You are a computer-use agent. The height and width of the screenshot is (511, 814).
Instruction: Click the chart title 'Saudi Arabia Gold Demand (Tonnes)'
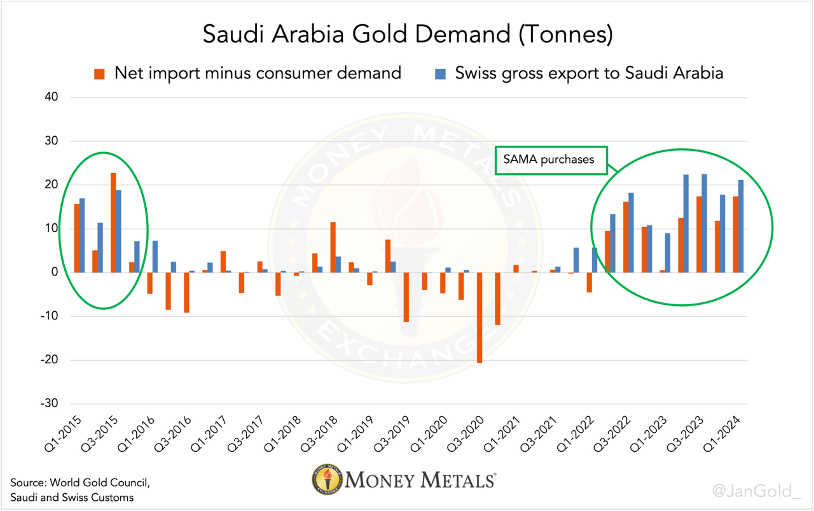(407, 34)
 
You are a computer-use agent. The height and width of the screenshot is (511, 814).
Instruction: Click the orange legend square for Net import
(99, 74)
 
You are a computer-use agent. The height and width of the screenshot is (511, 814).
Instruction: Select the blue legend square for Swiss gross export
(439, 74)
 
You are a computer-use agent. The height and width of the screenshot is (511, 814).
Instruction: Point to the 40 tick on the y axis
(52, 97)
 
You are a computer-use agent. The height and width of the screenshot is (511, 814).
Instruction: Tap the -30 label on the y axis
(50, 404)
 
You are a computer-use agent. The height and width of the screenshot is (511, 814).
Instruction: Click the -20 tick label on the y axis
(50, 360)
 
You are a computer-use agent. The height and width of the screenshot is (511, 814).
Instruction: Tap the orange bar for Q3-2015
(113, 223)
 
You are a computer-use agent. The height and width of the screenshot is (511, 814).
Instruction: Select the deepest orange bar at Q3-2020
(479, 318)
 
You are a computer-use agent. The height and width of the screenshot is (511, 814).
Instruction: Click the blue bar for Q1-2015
(82, 235)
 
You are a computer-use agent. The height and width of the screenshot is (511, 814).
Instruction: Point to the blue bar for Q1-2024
(741, 226)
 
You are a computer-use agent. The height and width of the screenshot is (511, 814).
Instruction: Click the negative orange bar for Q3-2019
(406, 297)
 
